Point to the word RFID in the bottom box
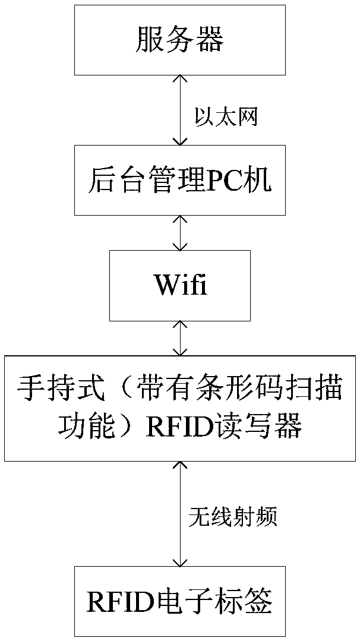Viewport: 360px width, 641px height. pyautogui.click(x=117, y=602)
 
